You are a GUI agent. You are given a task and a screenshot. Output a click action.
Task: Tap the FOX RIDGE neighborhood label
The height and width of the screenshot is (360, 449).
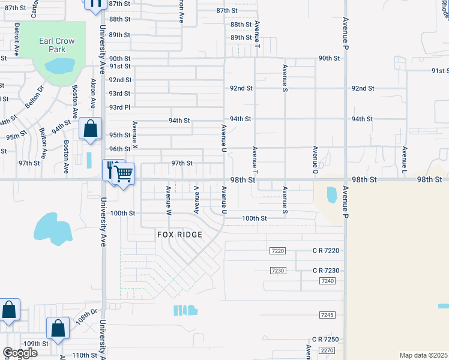coord(180,235)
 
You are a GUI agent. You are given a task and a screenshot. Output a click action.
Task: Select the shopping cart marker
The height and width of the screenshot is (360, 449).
coord(124,174)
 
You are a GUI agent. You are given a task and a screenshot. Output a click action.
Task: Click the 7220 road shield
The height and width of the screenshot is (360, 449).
coord(277,251)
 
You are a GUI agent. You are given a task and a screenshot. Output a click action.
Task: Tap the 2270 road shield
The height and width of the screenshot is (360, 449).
coord(327,350)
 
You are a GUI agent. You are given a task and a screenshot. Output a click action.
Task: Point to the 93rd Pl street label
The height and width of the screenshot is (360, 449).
coord(119,107)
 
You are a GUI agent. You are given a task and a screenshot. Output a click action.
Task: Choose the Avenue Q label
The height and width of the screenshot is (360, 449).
coord(315,157)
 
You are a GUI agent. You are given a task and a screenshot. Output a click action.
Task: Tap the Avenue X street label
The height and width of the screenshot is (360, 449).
coord(135,135)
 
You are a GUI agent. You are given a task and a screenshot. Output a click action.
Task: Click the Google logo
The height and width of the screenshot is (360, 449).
coord(20,353)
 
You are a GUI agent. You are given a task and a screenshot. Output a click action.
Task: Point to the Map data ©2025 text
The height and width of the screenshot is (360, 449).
coord(424,355)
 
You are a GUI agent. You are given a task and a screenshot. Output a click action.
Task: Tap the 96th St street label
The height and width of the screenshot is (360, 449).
coord(119,149)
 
